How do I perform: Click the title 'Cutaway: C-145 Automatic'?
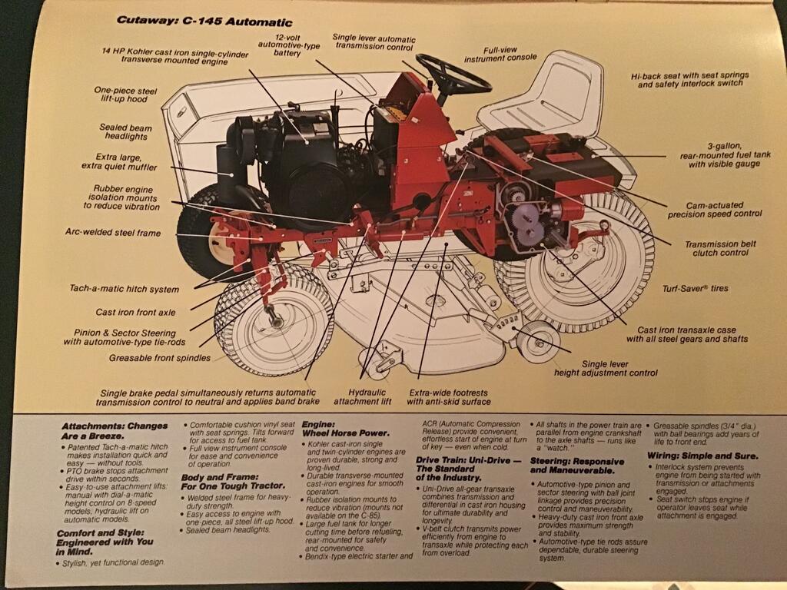[204, 21]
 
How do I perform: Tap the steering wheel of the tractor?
[453, 75]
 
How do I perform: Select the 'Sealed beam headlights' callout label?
[125, 132]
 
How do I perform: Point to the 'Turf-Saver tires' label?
[695, 289]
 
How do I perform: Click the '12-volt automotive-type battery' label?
[288, 45]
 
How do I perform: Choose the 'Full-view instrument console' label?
[500, 55]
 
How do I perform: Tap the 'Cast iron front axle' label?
[135, 312]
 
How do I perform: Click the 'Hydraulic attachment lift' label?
[363, 397]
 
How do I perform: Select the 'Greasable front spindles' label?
[160, 358]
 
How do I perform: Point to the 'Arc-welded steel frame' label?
[113, 232]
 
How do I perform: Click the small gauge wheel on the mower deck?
[538, 343]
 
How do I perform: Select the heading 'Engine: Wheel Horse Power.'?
[345, 429]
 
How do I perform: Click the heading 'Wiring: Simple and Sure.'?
[702, 456]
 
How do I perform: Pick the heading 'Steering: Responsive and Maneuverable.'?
[577, 466]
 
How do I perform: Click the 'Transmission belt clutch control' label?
[721, 248]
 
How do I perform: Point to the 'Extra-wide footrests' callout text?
[448, 393]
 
